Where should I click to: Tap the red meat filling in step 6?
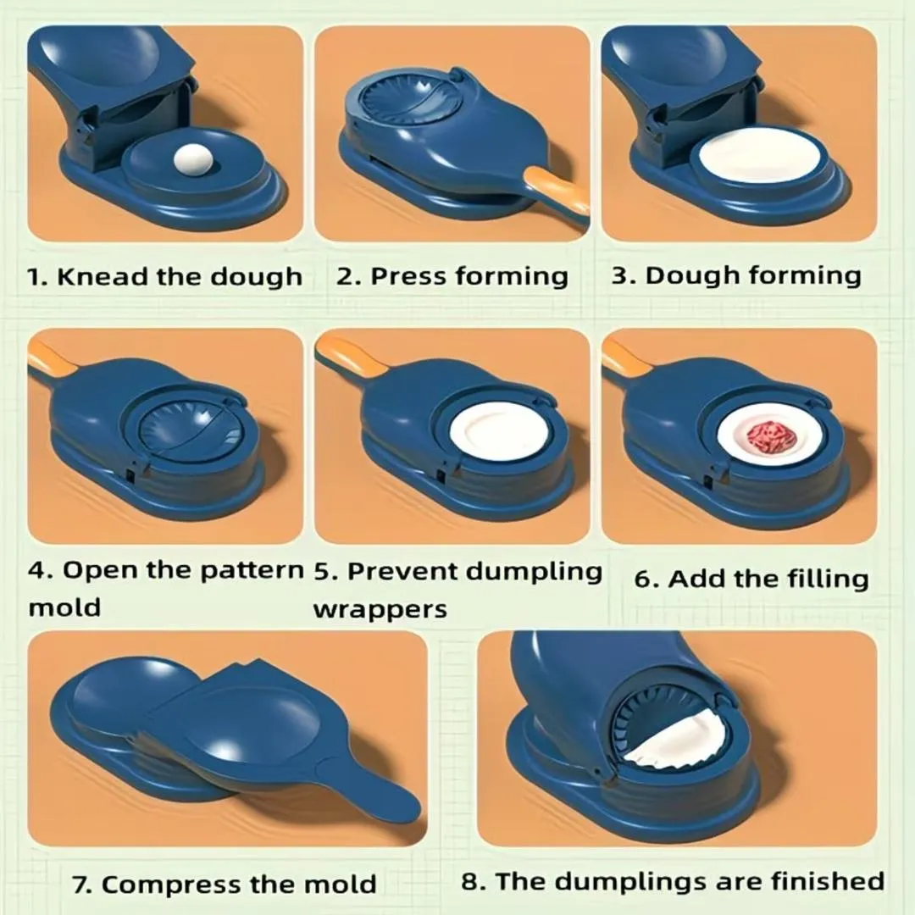[768, 436]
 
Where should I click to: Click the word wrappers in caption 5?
[380, 608]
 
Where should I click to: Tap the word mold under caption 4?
[64, 607]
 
